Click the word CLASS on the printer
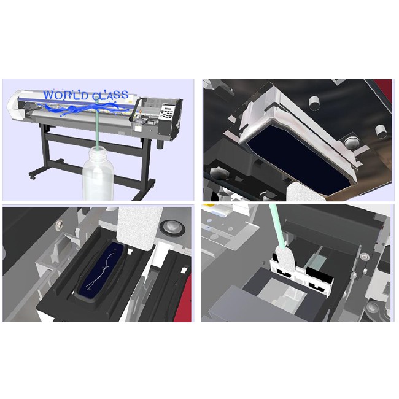pos(110,95)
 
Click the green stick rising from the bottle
pos(98,125)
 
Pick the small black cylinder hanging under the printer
pos(160,143)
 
